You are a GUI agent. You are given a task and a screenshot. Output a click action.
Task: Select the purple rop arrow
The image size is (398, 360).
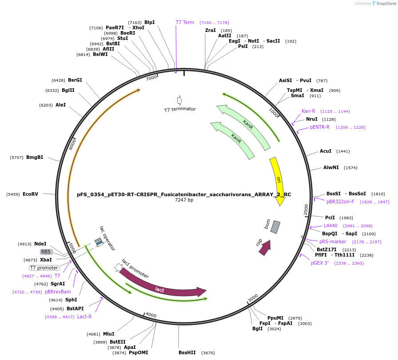click(265, 247)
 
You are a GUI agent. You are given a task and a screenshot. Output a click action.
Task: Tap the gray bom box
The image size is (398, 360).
click(275, 227)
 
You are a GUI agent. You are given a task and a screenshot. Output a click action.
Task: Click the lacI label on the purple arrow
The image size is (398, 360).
click(159, 289)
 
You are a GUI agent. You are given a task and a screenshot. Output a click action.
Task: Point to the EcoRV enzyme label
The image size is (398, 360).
click(31, 194)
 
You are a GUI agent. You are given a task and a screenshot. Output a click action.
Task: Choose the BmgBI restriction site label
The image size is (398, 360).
click(35, 157)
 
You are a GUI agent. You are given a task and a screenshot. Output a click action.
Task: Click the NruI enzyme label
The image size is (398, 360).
click(312, 119)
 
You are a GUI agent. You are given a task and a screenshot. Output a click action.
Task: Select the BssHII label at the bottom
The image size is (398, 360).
click(187, 352)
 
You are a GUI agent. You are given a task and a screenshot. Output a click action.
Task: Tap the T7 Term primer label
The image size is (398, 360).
click(185, 22)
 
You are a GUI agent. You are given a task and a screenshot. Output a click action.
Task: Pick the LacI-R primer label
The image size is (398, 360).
click(84, 316)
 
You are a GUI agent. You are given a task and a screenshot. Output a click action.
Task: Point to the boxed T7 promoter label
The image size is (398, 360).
click(44, 268)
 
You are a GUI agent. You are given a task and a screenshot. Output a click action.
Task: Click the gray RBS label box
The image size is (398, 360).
click(46, 252)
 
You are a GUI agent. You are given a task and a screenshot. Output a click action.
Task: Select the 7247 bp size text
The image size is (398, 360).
click(184, 200)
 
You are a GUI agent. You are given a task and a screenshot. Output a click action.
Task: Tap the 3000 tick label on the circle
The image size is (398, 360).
click(253, 297)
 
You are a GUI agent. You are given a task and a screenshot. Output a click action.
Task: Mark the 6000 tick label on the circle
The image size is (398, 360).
click(72, 144)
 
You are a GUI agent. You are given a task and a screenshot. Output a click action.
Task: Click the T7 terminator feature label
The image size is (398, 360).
click(180, 109)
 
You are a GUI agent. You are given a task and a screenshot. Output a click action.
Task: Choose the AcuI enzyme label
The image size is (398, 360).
click(326, 151)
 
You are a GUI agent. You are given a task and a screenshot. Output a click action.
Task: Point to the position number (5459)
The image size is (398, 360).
click(13, 194)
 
